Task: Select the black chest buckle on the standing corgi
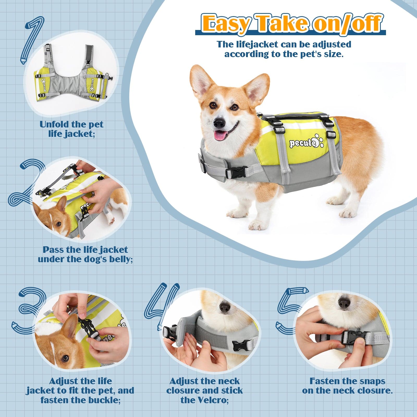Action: [x=233, y=173]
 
